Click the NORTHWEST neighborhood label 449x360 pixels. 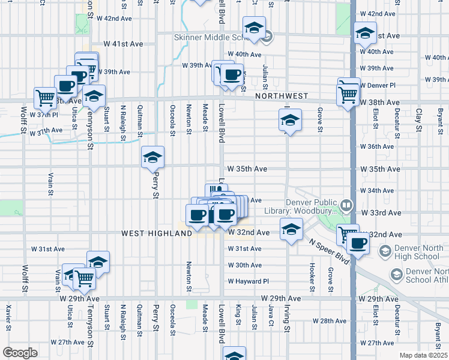[281, 96]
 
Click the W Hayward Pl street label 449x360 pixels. [247, 281]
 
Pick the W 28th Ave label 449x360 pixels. [334, 322]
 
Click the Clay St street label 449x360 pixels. [418, 119]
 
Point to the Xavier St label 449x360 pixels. [8, 318]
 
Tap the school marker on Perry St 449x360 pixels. [152, 158]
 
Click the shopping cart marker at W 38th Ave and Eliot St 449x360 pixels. [349, 94]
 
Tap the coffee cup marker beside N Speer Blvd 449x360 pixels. [359, 243]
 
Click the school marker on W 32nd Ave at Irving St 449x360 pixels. [291, 229]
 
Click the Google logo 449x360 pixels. [20, 353]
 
